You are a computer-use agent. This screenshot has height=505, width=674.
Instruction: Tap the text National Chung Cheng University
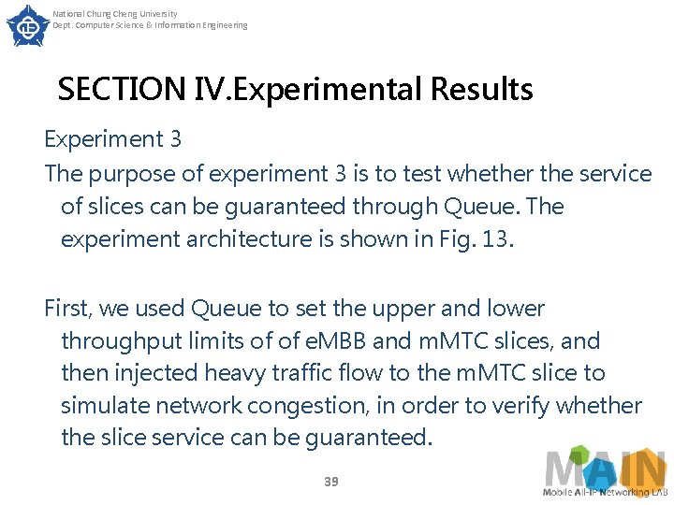tap(115, 14)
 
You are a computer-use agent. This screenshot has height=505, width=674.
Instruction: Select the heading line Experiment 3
tap(113, 139)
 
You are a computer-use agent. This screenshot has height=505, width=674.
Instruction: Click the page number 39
tap(330, 481)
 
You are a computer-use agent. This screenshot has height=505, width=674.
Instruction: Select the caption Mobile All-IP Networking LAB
tap(605, 492)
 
